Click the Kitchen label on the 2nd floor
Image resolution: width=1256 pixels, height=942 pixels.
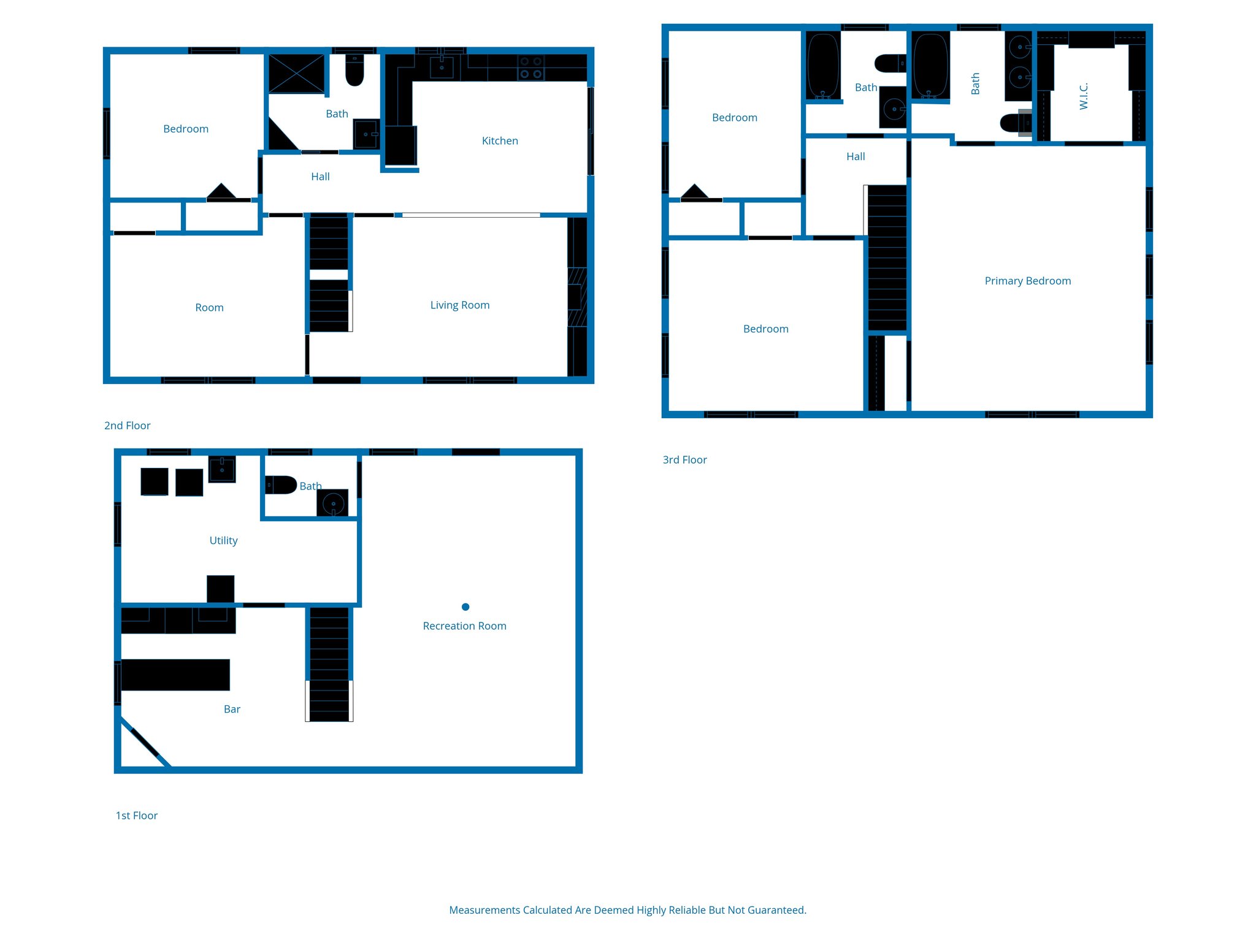[x=500, y=141]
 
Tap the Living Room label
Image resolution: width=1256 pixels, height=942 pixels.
[x=460, y=305]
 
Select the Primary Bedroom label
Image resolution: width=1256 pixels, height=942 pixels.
[x=1028, y=281]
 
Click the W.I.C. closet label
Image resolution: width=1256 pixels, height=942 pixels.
[x=1084, y=96]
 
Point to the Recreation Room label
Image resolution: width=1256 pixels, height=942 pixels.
[x=464, y=626]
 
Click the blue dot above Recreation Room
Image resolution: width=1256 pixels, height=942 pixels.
[x=465, y=607]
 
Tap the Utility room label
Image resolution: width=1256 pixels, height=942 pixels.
[x=223, y=541]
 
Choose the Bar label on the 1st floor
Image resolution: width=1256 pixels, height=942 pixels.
[x=232, y=710]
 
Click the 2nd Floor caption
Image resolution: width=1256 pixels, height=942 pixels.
[x=127, y=426]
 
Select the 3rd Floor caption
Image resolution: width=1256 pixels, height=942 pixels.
[x=684, y=460]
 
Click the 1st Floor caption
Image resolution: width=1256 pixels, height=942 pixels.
[x=136, y=816]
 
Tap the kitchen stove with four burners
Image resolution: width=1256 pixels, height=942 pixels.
[x=531, y=68]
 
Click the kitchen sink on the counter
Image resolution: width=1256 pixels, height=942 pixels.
[x=442, y=67]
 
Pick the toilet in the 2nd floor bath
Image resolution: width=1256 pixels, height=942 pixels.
[x=354, y=71]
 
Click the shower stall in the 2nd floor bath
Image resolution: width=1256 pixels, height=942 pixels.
[x=297, y=74]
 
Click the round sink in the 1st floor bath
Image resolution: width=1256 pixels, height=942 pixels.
[x=333, y=504]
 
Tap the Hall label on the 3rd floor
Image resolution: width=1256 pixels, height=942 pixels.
[x=856, y=157]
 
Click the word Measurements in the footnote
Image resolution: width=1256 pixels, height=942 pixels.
[x=484, y=910]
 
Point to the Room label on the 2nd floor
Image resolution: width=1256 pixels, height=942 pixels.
[x=209, y=308]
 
